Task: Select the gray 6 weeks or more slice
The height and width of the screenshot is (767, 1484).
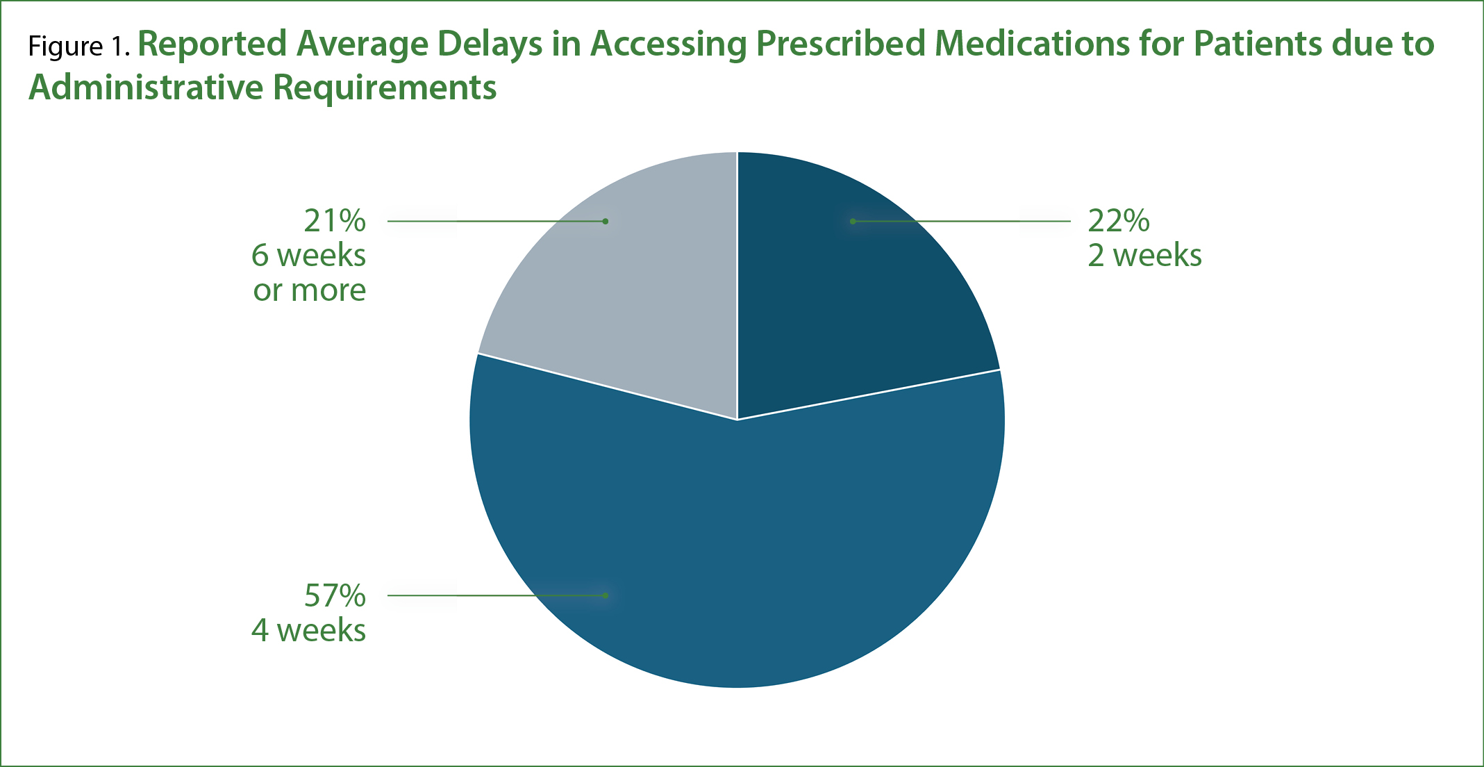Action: (x=625, y=292)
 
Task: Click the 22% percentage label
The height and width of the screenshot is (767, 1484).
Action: (x=1118, y=221)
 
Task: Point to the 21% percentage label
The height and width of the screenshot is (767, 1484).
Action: (x=335, y=221)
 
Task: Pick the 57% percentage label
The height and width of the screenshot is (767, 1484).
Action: (x=335, y=595)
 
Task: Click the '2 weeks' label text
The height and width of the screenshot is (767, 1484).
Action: (x=1144, y=256)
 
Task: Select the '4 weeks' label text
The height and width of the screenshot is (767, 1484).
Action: (x=308, y=630)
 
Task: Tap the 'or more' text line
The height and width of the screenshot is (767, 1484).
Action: (x=309, y=290)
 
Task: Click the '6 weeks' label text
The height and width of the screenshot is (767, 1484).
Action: (x=308, y=256)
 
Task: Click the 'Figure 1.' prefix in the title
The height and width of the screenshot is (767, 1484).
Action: (x=78, y=46)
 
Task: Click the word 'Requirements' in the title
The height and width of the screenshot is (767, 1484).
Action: (x=384, y=88)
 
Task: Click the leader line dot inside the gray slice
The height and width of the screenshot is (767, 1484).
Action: (x=606, y=221)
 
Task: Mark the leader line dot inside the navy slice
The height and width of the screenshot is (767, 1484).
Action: (x=853, y=221)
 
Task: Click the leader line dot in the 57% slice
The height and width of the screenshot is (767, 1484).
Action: (x=606, y=595)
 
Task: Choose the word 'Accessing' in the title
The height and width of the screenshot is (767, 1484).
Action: (x=669, y=43)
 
